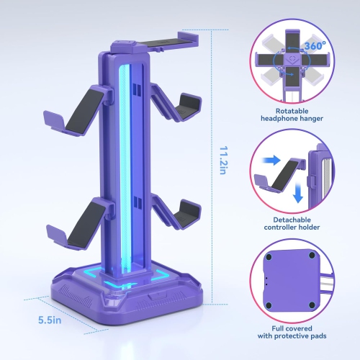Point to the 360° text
[x=315, y=45]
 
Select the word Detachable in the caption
[x=292, y=218]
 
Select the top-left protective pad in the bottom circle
[x=272, y=256]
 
